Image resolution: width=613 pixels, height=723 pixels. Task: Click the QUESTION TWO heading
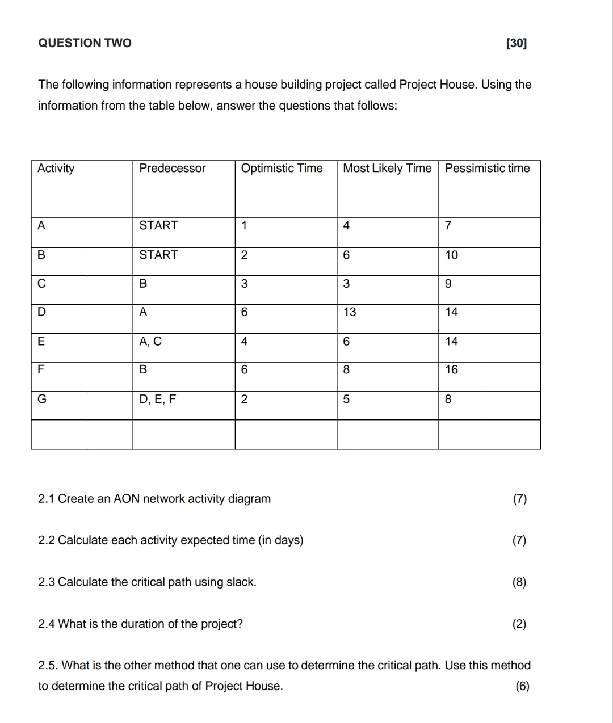click(85, 43)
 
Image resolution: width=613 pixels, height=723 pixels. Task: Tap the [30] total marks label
click(516, 43)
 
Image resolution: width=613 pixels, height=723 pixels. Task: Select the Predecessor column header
click(173, 168)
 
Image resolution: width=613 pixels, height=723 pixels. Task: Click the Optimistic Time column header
click(282, 168)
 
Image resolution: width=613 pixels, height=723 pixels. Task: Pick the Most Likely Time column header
click(387, 168)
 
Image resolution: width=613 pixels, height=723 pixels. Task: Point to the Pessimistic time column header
click(487, 168)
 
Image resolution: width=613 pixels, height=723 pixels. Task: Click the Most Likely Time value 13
click(350, 312)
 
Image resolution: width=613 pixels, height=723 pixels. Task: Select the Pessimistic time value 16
click(451, 370)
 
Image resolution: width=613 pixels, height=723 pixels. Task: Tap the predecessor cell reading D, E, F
click(158, 399)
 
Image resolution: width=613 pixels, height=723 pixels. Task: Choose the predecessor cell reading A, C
click(150, 341)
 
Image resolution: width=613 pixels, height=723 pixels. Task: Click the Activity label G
click(41, 399)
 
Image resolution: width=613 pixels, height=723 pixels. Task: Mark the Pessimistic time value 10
click(451, 255)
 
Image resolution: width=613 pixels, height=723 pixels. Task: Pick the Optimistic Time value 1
click(244, 225)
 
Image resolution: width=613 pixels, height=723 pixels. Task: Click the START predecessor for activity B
click(158, 255)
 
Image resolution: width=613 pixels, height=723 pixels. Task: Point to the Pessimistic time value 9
click(448, 284)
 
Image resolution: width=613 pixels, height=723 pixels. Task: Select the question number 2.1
click(46, 499)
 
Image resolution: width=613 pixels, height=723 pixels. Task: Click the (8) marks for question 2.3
click(519, 582)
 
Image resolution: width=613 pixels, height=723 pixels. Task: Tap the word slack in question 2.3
click(241, 582)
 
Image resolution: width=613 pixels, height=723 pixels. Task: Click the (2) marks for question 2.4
click(519, 624)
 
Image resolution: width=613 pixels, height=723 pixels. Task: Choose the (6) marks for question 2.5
click(522, 686)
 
